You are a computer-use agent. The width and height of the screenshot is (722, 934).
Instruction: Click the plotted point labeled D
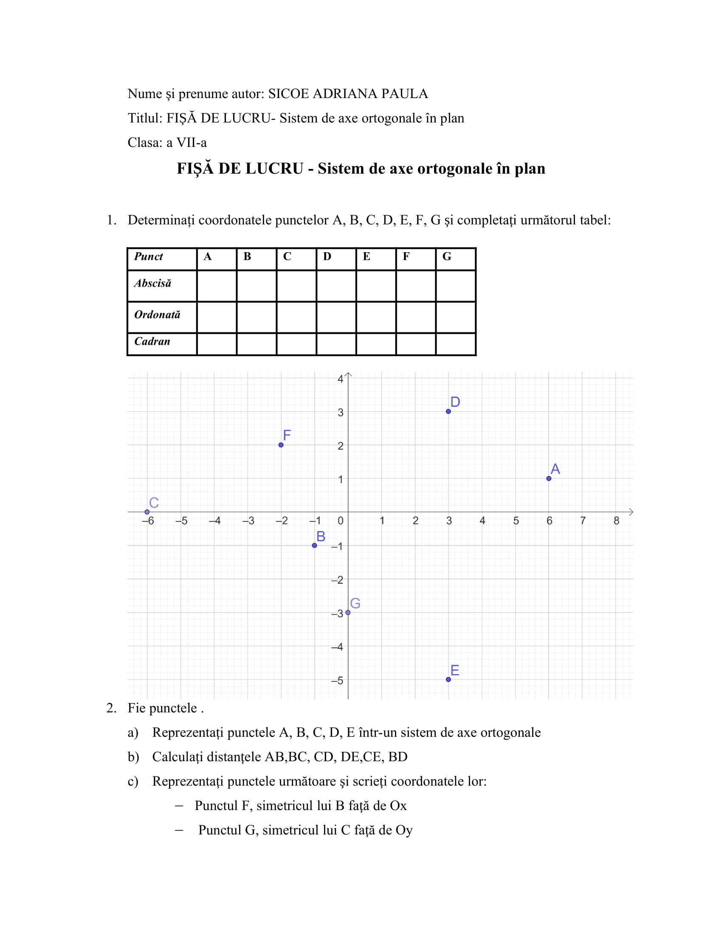[448, 411]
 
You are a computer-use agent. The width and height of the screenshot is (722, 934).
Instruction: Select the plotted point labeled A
[549, 478]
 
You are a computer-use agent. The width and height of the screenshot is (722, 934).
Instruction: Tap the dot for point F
[281, 445]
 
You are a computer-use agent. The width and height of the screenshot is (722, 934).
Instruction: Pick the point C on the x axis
[147, 512]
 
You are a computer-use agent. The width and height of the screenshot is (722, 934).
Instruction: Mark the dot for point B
[314, 545]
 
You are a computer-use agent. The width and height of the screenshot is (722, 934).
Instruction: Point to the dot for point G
[348, 612]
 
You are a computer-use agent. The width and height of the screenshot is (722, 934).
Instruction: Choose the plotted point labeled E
[448, 680]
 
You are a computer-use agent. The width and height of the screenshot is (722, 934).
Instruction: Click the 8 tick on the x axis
[616, 521]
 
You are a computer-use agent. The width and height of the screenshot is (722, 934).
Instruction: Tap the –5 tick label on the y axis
[337, 681]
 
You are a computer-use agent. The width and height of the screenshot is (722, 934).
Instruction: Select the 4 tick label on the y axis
[341, 379]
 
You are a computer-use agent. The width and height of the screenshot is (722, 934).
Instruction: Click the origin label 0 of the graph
[341, 521]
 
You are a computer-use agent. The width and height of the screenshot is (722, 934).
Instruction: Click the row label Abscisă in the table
[153, 284]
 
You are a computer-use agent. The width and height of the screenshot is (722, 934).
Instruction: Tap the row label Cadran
[152, 341]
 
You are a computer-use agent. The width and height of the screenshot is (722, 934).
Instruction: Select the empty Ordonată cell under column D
[336, 317]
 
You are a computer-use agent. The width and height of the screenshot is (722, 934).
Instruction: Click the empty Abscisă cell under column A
[217, 286]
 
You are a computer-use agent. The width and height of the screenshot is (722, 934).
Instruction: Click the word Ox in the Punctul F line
[398, 806]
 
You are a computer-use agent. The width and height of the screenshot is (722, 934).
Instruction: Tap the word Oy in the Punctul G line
[404, 830]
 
